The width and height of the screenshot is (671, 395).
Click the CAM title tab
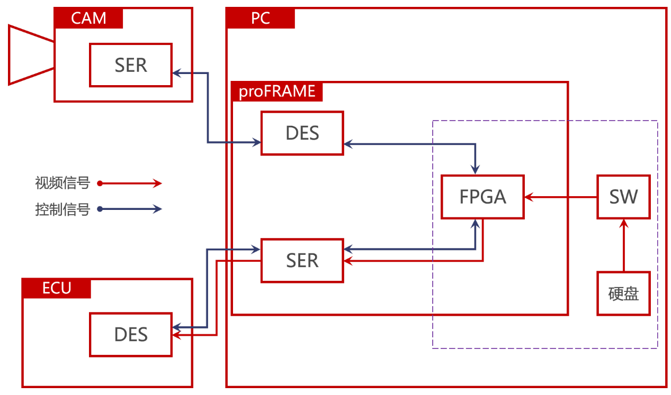pos(88,18)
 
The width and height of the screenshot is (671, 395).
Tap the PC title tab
pos(261,18)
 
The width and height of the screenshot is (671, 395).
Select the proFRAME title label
pos(277,91)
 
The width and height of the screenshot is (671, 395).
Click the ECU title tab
pos(57,288)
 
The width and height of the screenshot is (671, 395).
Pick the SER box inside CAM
pos(131,65)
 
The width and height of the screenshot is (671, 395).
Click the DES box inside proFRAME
pos(302,133)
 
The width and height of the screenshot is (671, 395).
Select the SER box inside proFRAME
pos(302,261)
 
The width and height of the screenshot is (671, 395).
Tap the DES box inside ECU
pos(131,335)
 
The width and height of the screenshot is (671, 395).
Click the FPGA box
pos(482,197)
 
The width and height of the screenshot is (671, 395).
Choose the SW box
pos(624,197)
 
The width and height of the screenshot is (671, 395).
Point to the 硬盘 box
pos(624,293)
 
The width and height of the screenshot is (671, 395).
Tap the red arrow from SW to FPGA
pos(561,197)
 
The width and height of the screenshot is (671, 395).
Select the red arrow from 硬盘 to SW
pos(624,245)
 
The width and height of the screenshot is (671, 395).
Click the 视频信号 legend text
pos(62,183)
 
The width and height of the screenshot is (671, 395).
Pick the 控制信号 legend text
pos(62,209)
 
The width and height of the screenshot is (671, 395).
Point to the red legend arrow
pos(129,183)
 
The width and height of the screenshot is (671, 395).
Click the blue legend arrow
pos(129,209)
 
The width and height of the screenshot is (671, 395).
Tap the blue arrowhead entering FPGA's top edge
pos(475,169)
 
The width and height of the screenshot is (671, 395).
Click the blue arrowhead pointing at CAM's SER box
pos(177,73)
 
